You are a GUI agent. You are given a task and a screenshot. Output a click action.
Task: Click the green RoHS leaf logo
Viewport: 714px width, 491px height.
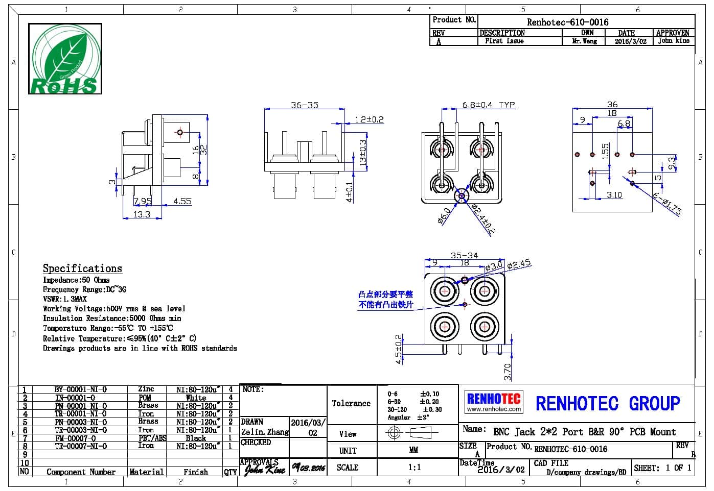coord(65,59)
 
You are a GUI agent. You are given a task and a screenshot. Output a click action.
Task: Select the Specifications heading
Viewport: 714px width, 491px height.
coord(82,268)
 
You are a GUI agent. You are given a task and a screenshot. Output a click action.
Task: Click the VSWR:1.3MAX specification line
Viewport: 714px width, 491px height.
coord(65,299)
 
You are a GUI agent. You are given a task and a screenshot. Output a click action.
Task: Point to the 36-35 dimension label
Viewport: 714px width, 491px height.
coord(304,105)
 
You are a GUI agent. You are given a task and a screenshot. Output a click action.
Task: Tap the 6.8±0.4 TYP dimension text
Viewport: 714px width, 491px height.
coord(488,105)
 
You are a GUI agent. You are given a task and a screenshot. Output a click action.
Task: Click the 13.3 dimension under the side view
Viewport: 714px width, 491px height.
coord(142,214)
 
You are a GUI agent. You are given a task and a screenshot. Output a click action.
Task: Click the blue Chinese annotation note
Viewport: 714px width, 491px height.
coord(385,300)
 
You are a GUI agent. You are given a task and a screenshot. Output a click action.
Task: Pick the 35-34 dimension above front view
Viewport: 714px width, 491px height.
coord(464,255)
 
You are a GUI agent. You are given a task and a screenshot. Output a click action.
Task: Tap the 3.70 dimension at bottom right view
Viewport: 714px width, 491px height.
coord(508,371)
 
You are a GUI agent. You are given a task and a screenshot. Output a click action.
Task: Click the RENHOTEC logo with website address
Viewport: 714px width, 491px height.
coord(494,402)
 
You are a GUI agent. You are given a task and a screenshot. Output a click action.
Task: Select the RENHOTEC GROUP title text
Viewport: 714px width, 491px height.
coord(608,404)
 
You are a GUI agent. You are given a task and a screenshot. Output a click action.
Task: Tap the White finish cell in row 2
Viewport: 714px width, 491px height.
coord(196,398)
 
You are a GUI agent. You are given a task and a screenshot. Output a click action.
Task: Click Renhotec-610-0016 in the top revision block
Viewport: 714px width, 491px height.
coord(567,22)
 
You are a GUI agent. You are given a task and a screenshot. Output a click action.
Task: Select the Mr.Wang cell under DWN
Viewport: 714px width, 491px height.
coord(584,41)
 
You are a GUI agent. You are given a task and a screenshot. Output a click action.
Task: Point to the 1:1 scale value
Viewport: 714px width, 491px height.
coord(414,467)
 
